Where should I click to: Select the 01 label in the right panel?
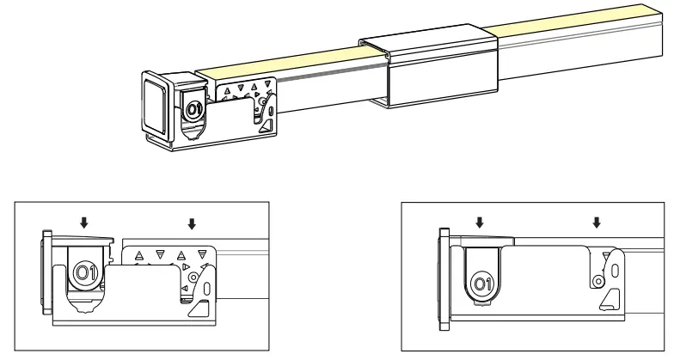[483, 283]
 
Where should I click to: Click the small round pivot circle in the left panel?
[195, 278]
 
